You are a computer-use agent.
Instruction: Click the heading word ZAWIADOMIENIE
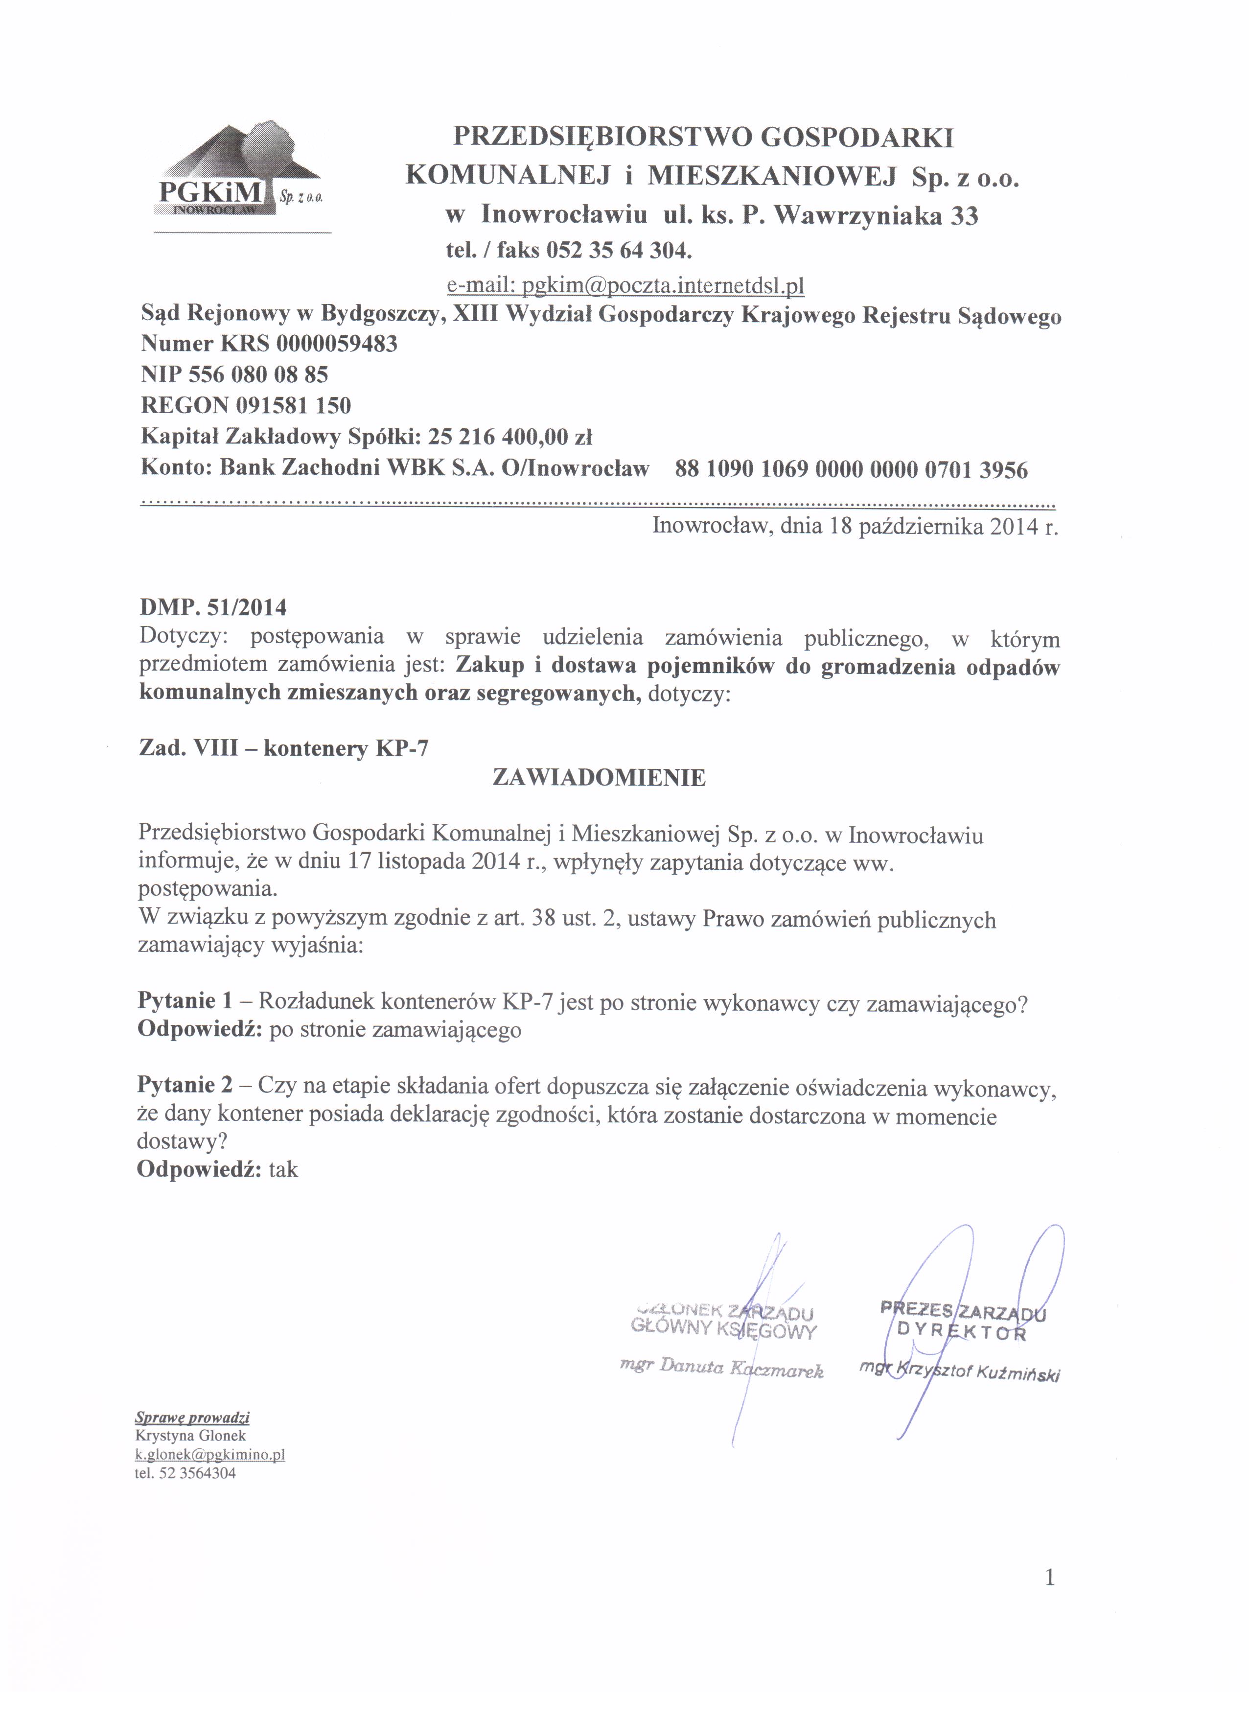(599, 777)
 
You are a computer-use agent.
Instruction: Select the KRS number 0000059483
(337, 344)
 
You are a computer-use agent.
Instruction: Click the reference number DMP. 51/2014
(213, 607)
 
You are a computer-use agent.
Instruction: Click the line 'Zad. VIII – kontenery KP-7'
(283, 748)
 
